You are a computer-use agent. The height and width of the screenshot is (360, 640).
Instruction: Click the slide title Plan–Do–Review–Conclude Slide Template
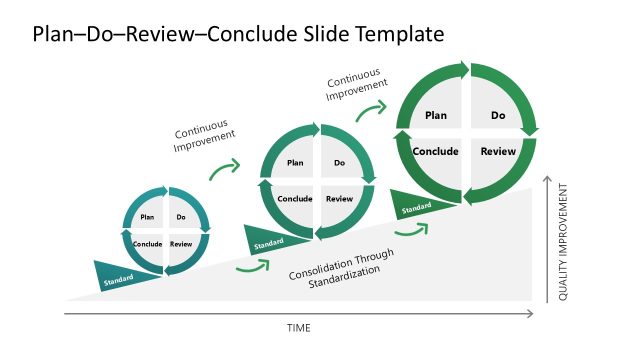tap(238, 35)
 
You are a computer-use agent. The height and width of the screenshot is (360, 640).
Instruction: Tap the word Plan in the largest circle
tap(436, 116)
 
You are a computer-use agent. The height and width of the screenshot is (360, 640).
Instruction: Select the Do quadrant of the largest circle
tap(498, 116)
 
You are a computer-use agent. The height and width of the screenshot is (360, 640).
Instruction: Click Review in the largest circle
tap(498, 152)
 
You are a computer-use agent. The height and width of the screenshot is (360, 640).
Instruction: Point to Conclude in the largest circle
tap(436, 152)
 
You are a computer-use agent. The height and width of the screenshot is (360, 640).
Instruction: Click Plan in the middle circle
tap(295, 163)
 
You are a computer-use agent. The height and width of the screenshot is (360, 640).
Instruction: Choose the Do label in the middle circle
tap(340, 163)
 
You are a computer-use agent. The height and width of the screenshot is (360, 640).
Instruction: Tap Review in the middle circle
tap(340, 199)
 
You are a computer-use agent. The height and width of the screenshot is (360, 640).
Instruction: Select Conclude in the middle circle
tap(295, 199)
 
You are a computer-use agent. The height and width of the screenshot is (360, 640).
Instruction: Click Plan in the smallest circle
tap(146, 217)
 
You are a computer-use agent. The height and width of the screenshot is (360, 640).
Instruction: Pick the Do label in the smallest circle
tap(181, 217)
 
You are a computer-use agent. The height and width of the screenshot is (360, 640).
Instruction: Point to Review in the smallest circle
tap(181, 244)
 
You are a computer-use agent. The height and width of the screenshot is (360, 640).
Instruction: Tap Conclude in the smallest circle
tap(146, 244)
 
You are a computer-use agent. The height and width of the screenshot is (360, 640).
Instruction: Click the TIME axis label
tap(298, 328)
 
